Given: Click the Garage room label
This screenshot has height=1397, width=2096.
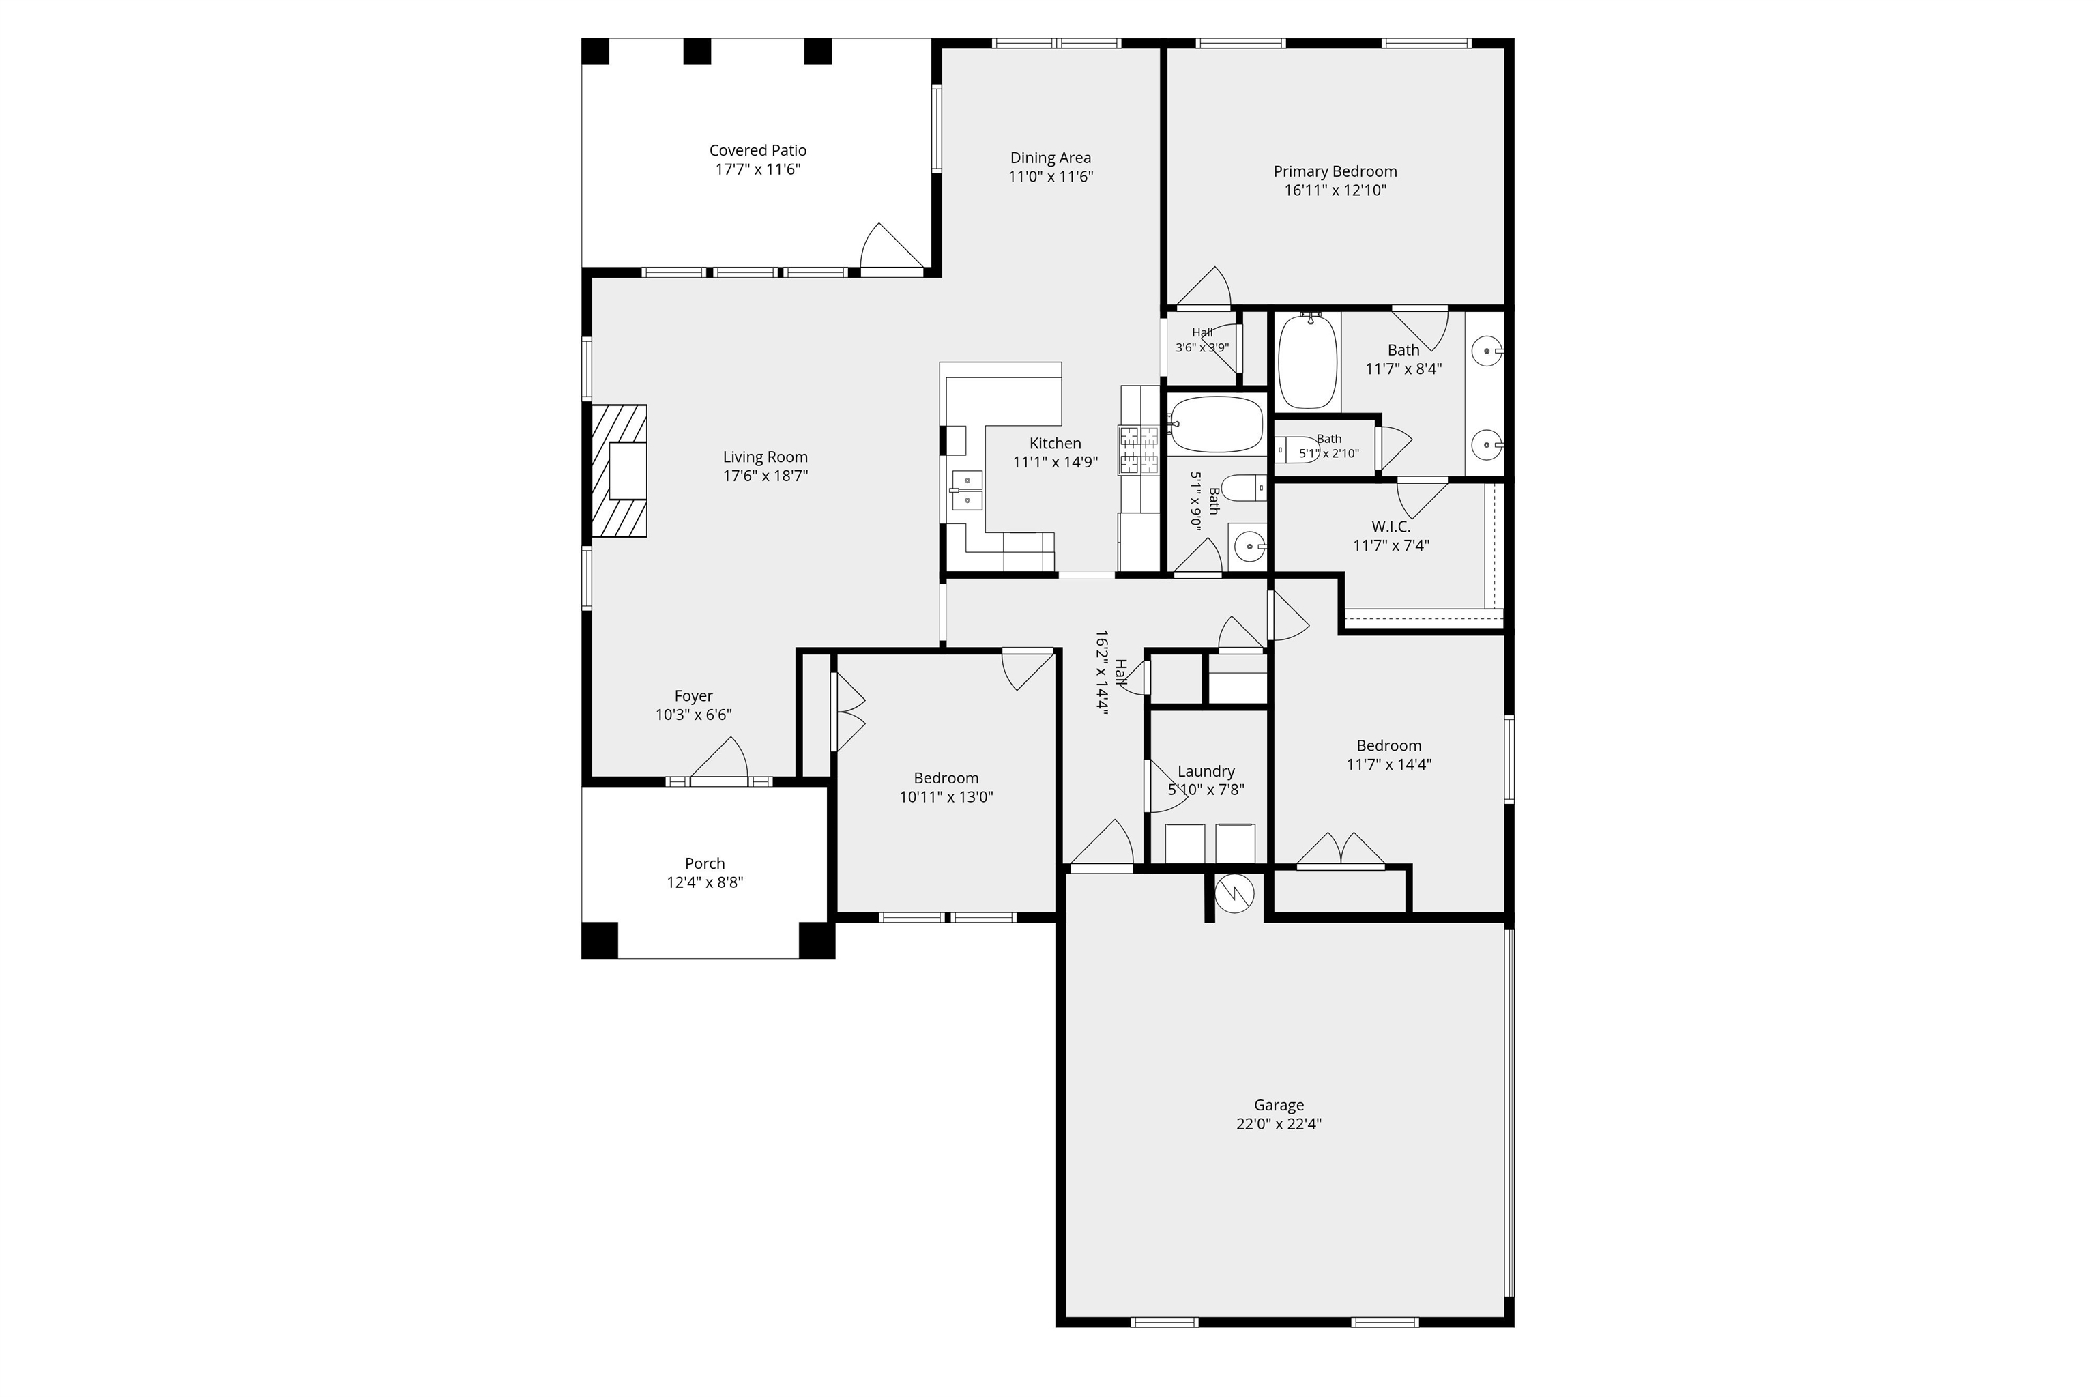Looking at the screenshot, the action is (x=1278, y=1105).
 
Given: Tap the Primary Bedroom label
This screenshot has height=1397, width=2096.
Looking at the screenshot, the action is (x=1335, y=171).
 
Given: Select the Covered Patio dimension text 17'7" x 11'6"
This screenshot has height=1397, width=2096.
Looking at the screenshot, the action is (x=758, y=169).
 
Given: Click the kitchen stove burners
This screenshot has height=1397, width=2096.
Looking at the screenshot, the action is (x=1140, y=450).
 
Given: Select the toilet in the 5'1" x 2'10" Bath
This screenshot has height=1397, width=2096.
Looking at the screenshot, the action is (x=1297, y=450).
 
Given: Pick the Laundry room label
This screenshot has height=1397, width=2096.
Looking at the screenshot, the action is (x=1206, y=772).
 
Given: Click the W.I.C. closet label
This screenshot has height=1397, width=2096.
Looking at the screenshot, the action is (x=1391, y=527).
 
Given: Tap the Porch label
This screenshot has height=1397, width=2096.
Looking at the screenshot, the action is (x=705, y=863).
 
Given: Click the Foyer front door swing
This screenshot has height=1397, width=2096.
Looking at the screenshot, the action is (x=720, y=759).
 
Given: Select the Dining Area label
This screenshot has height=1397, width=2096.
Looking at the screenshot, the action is (x=1050, y=158).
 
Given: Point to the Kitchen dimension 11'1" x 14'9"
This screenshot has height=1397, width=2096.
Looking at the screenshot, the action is (x=1056, y=463).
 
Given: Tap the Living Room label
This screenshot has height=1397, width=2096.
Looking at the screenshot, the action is (x=765, y=457).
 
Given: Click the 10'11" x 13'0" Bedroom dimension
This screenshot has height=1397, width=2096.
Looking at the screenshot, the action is (x=946, y=797).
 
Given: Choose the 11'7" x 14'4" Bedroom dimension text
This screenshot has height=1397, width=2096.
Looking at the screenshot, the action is (x=1388, y=764).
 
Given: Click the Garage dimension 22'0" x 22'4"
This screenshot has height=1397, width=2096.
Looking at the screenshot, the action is (x=1278, y=1125).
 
